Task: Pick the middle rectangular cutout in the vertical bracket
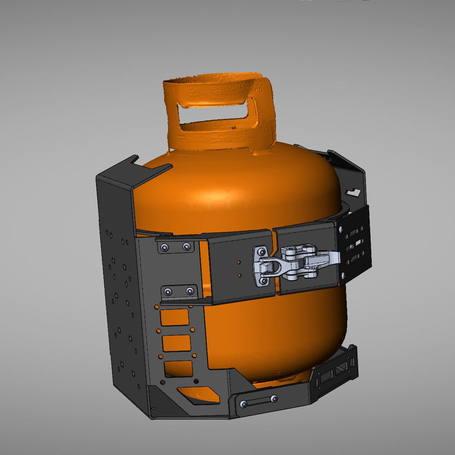click(x=176, y=343)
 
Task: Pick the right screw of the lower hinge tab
click(x=189, y=292)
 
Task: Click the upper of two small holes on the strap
click(x=239, y=262)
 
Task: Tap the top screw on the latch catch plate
click(x=261, y=252)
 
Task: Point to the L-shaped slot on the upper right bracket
click(x=354, y=191)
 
